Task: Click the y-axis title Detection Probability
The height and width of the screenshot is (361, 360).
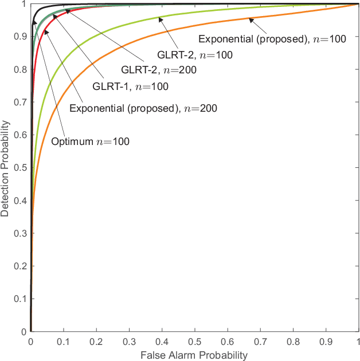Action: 6,168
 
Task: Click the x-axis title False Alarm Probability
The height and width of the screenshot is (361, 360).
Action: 194,355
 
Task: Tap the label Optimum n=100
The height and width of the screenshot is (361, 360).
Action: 91,142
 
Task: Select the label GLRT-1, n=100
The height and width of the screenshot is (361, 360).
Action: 130,87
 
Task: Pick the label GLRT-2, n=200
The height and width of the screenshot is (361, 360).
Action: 158,71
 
